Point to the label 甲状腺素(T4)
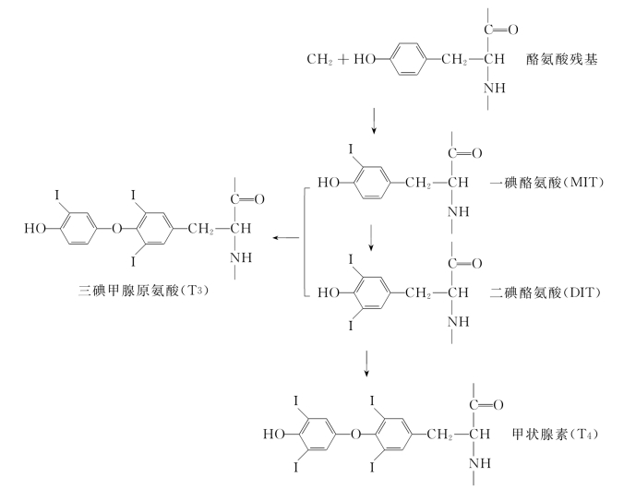548,431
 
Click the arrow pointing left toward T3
285,237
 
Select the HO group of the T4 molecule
273,430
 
